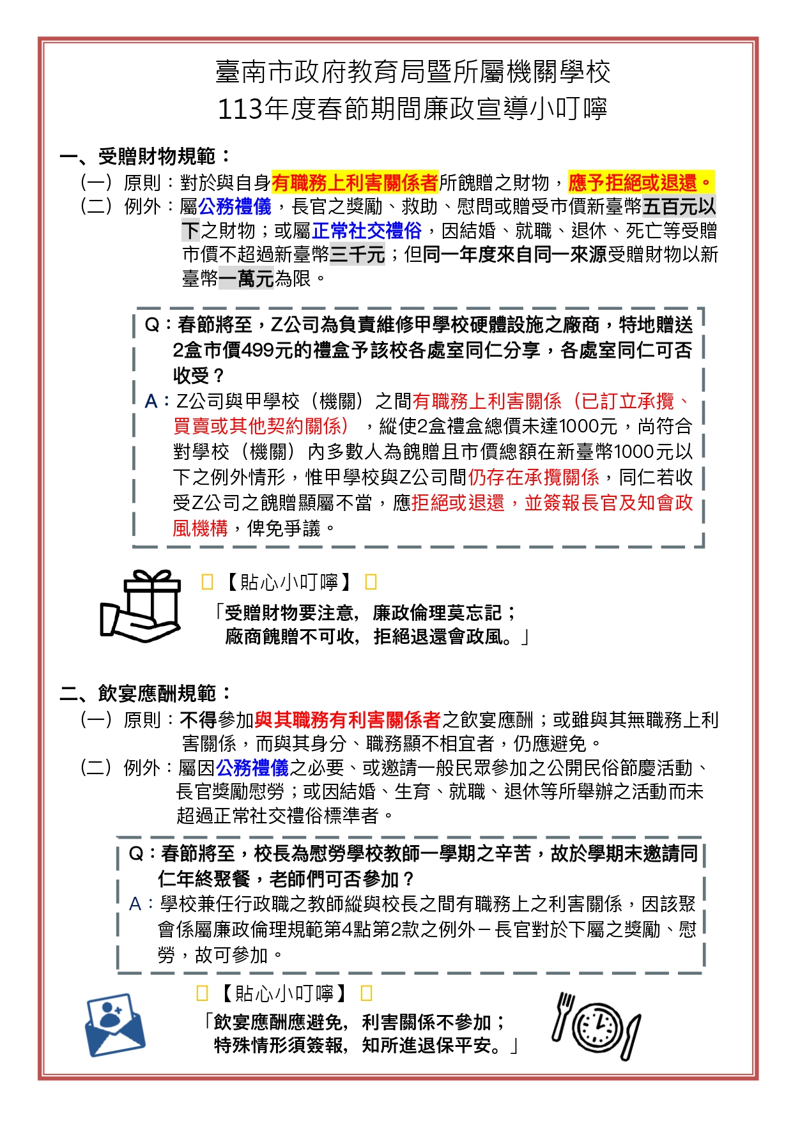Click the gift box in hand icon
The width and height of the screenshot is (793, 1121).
pos(141,605)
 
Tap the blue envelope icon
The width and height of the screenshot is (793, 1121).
pos(115,1024)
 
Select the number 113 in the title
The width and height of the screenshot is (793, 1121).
pos(240,109)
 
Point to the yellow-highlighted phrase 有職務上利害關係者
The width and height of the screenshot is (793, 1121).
pos(355,183)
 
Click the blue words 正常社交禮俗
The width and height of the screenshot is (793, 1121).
pos(367,231)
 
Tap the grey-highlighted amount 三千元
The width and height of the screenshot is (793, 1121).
pos(357,255)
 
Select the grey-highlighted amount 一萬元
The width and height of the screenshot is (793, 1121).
pos(246,278)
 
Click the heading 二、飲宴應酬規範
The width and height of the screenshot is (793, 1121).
pos(146,693)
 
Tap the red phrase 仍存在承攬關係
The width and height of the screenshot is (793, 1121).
pos(534,477)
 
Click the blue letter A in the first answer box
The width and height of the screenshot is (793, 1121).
pos(151,401)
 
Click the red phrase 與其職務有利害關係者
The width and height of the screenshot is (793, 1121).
pos(348,720)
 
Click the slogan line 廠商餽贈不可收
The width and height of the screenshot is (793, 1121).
pos(291,637)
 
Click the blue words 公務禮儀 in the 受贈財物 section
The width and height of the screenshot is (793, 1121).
pos(235,206)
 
